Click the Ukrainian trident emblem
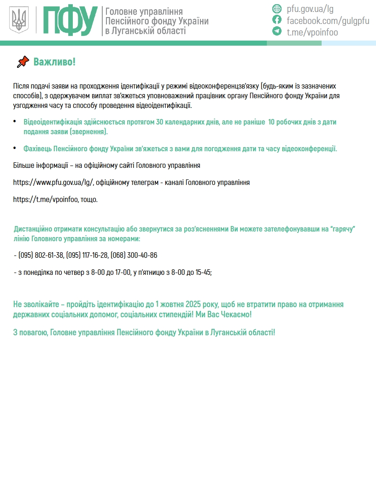pos(19,20)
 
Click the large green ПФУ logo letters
pos(70,20)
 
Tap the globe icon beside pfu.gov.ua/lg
pos(277,8)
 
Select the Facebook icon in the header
pos(277,20)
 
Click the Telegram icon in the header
pos(277,31)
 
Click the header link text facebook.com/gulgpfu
pos(328,20)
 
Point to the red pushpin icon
pos(22,62)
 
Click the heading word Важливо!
pos(54,62)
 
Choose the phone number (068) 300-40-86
pos(134,255)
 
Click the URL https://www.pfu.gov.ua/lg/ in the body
pos(53,182)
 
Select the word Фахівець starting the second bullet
pos(38,148)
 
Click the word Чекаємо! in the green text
pos(238,315)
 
